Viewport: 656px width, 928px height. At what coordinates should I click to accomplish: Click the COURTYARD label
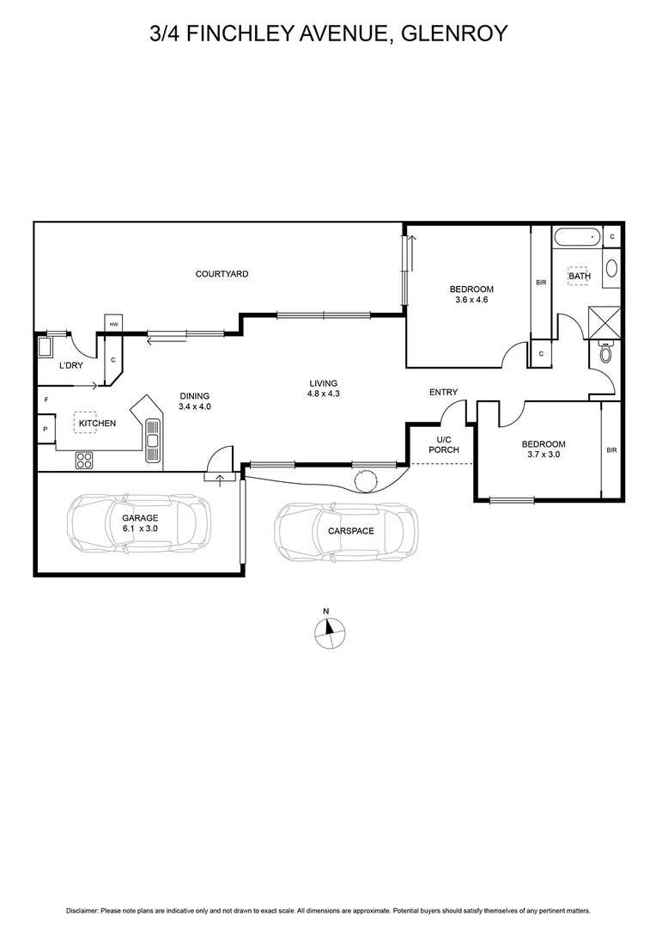[x=222, y=274]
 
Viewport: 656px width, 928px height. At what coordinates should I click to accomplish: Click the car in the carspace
[x=346, y=531]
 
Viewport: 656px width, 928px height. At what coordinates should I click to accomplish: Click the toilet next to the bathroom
[x=606, y=352]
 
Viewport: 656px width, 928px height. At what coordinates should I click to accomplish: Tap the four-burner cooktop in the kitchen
[x=84, y=460]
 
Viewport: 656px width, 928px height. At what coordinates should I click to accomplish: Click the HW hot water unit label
[x=113, y=324]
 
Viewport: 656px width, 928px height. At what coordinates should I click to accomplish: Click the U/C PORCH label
[x=443, y=445]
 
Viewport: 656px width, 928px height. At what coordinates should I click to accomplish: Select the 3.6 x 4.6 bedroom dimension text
[x=471, y=300]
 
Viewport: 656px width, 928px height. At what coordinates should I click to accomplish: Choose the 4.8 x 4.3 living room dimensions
[x=324, y=395]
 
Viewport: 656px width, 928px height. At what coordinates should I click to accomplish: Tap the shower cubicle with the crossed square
[x=606, y=321]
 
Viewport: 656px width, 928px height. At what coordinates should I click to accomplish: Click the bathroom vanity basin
[x=611, y=267]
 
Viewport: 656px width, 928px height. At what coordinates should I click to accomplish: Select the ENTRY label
[x=444, y=393]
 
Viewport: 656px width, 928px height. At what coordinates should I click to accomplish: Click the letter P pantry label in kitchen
[x=44, y=429]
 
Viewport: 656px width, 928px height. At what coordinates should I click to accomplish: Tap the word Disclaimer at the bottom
[x=82, y=910]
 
